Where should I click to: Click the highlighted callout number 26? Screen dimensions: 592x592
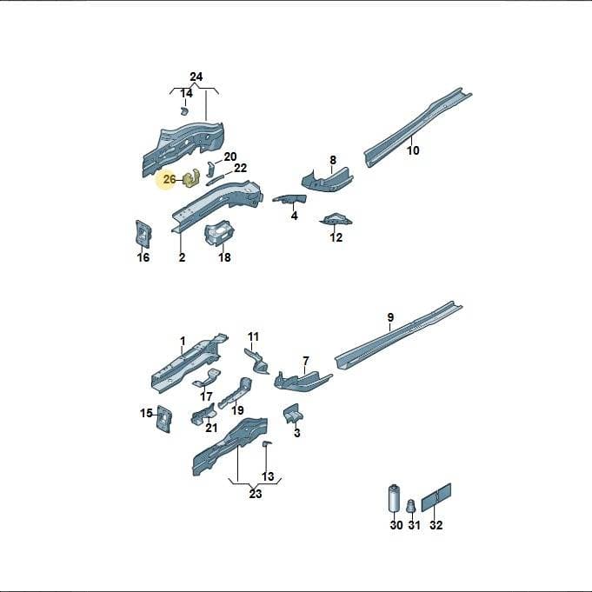pyautogui.click(x=170, y=179)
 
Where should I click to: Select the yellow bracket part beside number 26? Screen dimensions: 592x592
pyautogui.click(x=192, y=178)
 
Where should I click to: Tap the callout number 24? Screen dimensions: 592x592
pyautogui.click(x=196, y=77)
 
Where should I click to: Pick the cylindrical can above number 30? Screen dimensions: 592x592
pyautogui.click(x=394, y=497)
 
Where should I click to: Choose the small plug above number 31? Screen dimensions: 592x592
pyautogui.click(x=411, y=506)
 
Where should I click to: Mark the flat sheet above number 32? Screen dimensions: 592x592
pyautogui.click(x=436, y=497)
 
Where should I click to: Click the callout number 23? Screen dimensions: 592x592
pyautogui.click(x=256, y=494)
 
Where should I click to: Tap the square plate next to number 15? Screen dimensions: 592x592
pyautogui.click(x=164, y=418)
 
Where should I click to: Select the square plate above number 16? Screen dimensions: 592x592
pyautogui.click(x=143, y=233)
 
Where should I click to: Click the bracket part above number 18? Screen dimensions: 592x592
pyautogui.click(x=219, y=233)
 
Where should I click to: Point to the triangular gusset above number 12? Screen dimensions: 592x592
pyautogui.click(x=336, y=219)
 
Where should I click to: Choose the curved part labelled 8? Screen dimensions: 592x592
pyautogui.click(x=327, y=179)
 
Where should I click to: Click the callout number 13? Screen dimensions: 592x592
pyautogui.click(x=268, y=476)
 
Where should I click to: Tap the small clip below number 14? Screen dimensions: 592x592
pyautogui.click(x=184, y=110)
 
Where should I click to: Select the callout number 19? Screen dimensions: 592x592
pyautogui.click(x=237, y=410)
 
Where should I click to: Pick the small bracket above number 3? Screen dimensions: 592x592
pyautogui.click(x=291, y=414)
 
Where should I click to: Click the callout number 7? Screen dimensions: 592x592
pyautogui.click(x=305, y=361)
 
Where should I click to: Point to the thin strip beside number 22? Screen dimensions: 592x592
pyautogui.click(x=217, y=179)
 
